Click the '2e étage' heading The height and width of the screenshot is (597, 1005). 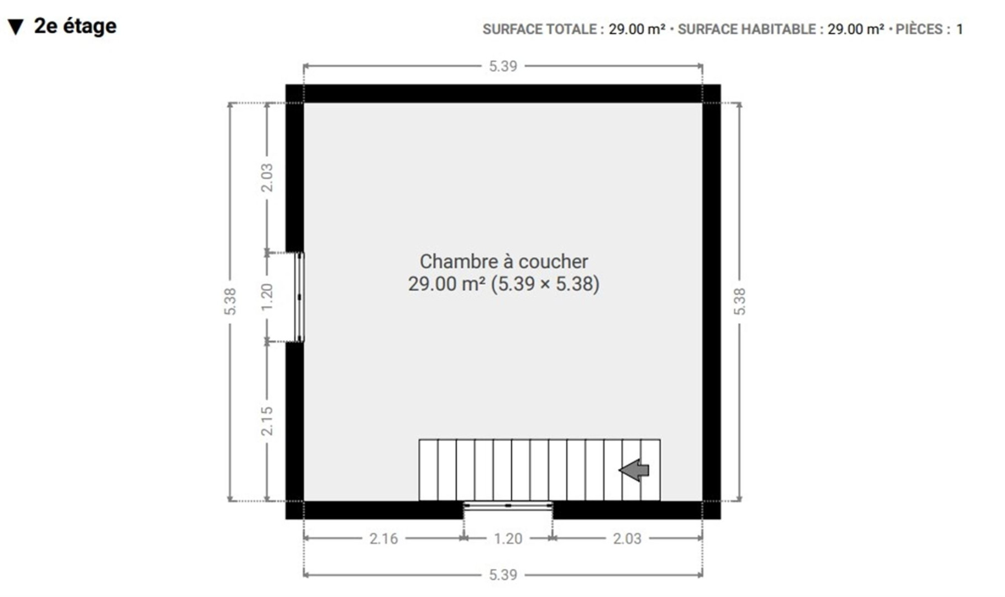[75, 26]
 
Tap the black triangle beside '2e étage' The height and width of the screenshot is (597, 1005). [16, 27]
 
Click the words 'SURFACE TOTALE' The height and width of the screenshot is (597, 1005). [539, 29]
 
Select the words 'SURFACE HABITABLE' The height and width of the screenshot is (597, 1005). [746, 29]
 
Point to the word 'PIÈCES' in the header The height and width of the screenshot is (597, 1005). [919, 29]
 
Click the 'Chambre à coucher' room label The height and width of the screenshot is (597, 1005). [504, 261]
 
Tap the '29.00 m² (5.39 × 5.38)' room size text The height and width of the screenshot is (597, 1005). [504, 284]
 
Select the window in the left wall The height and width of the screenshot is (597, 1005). [299, 297]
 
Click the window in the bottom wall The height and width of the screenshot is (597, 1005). [508, 505]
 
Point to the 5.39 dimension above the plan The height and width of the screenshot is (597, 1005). [503, 66]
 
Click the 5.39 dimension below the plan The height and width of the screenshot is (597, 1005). [503, 575]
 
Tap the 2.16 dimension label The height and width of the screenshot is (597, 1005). [383, 538]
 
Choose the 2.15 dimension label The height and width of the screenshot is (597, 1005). [267, 421]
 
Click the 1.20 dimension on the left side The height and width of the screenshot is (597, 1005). [267, 297]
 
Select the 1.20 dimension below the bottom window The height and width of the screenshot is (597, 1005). [508, 538]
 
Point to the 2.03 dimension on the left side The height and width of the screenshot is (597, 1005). [267, 178]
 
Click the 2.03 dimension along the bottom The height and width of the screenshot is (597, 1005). [627, 538]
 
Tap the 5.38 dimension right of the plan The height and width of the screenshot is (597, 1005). [739, 302]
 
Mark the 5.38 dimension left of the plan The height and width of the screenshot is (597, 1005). [230, 302]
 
